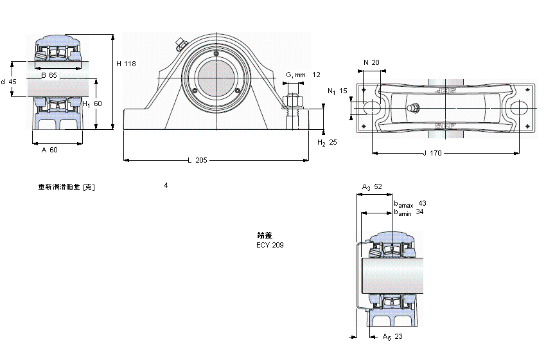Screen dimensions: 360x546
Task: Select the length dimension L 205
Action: [x=197, y=160]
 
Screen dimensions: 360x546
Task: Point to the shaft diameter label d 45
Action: [x=9, y=82]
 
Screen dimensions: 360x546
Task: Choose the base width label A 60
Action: [x=49, y=150]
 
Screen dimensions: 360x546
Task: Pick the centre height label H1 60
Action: [x=92, y=104]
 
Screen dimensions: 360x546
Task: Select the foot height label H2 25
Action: [x=328, y=142]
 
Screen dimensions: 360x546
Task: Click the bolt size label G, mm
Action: [x=295, y=75]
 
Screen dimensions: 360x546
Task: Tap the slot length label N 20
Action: [x=371, y=62]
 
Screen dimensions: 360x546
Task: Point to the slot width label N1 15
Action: [x=337, y=91]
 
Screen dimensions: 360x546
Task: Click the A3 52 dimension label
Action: [x=372, y=187]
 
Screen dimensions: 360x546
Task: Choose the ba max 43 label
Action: [x=409, y=204]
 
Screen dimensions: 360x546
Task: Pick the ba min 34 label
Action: [x=409, y=212]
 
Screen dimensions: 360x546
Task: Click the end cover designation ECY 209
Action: [x=270, y=245]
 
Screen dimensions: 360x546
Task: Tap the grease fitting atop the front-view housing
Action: [x=180, y=45]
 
